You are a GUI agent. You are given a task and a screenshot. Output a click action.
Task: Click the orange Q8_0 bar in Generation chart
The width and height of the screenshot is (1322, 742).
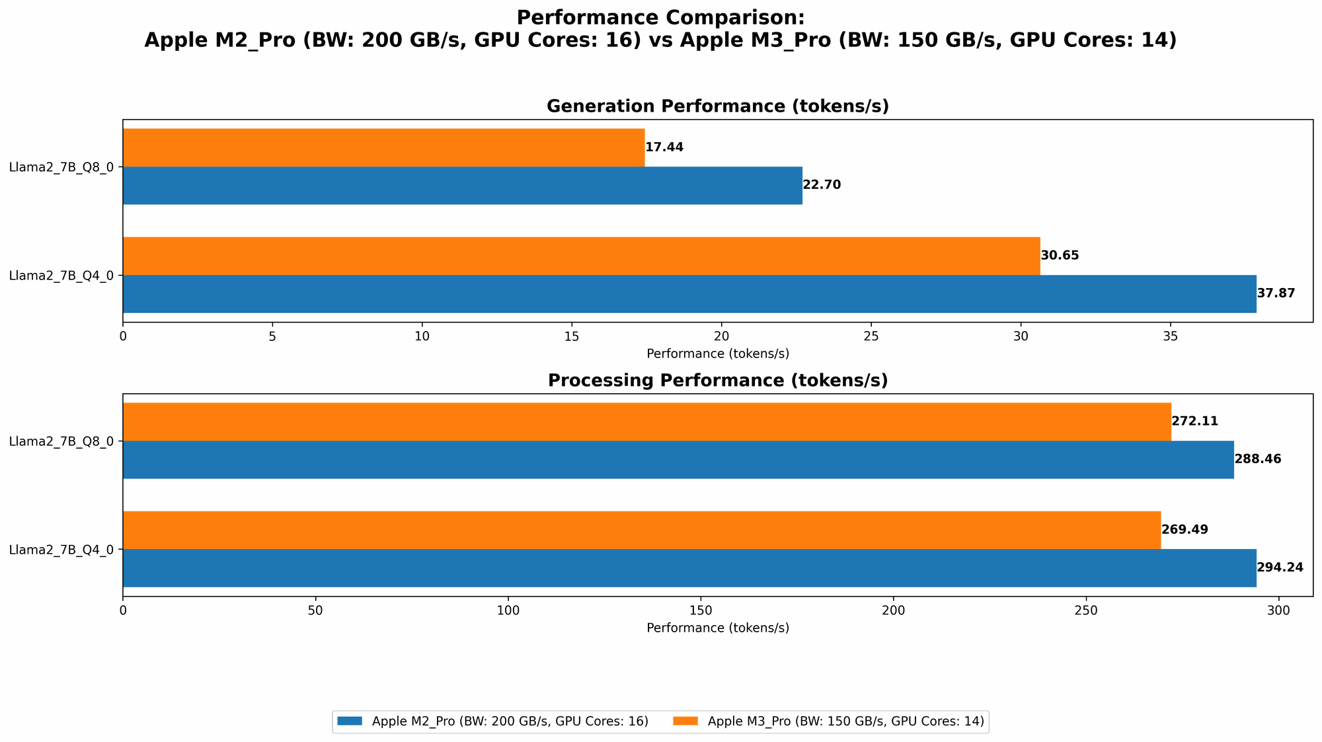point(383,147)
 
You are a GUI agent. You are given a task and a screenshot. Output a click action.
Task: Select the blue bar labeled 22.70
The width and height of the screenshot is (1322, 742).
point(463,186)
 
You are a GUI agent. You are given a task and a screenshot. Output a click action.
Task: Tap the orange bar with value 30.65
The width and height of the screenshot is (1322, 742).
point(582,256)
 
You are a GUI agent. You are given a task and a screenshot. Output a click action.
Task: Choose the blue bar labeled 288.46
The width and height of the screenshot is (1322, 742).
point(678,460)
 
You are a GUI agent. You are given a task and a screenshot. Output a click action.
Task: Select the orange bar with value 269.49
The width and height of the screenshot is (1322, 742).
point(641,530)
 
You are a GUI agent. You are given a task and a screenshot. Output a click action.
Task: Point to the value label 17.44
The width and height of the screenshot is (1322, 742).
point(664,147)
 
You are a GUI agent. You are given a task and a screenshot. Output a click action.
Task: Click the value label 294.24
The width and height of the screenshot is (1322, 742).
point(1280,568)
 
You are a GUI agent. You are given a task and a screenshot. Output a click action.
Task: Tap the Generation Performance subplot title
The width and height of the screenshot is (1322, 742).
point(717,106)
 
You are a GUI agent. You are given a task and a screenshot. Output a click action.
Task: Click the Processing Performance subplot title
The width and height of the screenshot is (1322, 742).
point(717,381)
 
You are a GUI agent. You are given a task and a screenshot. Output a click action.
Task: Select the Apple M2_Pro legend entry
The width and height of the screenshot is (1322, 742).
point(492,722)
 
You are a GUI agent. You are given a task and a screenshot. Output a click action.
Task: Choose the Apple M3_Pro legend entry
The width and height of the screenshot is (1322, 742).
point(829,722)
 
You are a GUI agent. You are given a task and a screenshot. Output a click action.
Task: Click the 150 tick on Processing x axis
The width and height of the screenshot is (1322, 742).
point(701,611)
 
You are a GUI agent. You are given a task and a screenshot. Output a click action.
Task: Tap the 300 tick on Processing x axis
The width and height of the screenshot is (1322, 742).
point(1278,611)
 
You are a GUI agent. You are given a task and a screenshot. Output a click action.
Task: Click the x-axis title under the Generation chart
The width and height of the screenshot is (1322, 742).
point(717,353)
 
